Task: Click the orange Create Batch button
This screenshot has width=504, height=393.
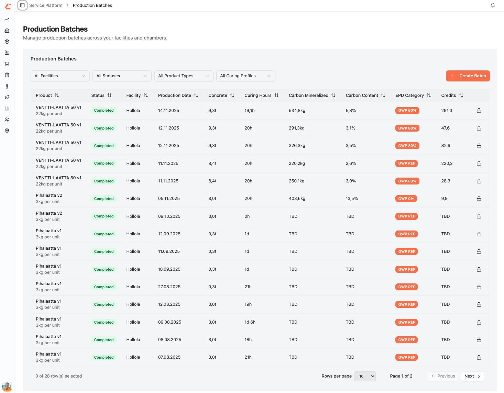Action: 468,76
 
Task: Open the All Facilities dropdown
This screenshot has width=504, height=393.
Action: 60,76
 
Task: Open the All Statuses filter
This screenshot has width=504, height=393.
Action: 122,76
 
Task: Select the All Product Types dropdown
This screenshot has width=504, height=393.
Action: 184,76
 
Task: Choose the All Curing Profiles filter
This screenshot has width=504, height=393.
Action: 245,76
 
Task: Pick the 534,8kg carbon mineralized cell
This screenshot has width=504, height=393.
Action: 297,111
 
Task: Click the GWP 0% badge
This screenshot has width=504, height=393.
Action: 406,199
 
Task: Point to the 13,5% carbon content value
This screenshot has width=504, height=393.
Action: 352,199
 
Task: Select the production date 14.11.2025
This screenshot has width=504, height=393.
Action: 168,111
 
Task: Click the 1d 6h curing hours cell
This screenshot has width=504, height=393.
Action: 250,322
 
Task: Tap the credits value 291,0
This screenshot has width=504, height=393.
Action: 447,111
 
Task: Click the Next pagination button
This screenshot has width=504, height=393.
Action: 472,376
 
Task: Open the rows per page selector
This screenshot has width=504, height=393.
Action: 365,376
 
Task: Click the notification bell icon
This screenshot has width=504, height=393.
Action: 493,5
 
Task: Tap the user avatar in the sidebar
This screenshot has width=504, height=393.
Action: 7,386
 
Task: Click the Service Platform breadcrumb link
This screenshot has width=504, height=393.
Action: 46,5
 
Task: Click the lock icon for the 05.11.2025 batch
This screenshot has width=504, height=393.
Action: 479,199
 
